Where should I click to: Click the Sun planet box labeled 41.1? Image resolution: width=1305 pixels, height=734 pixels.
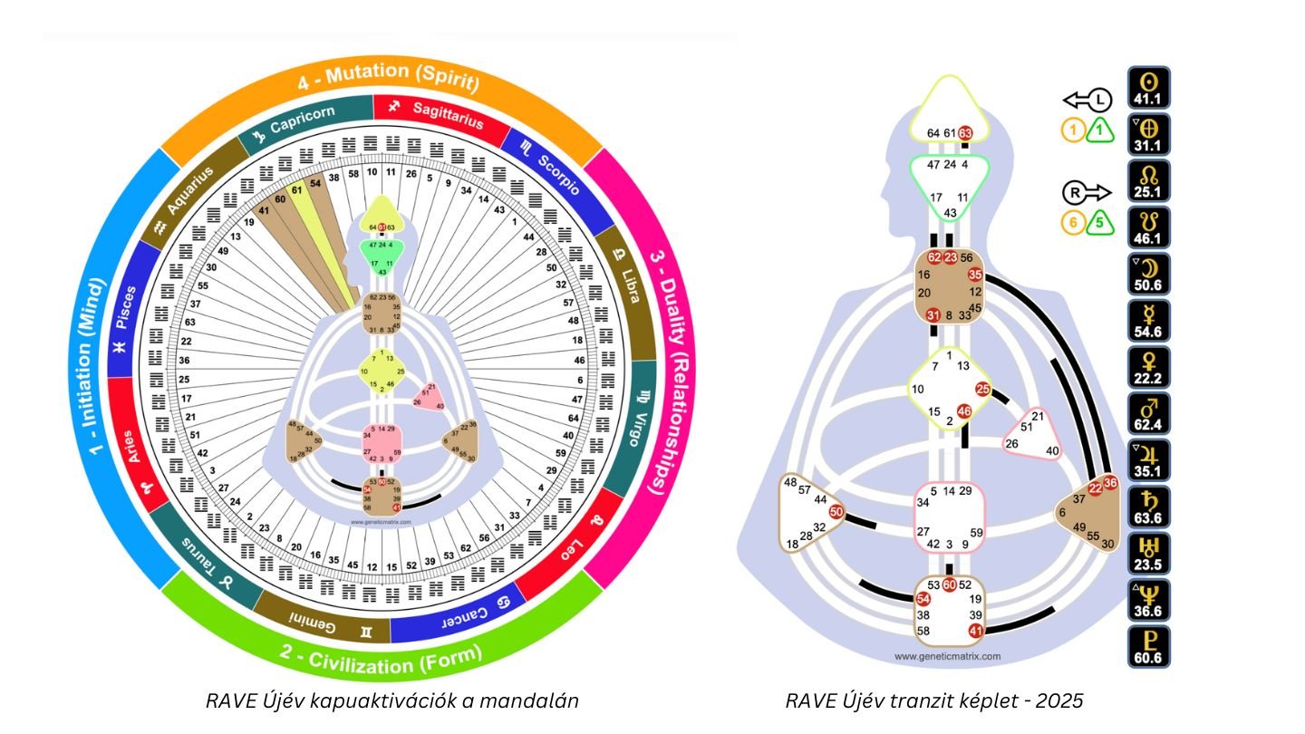coord(1147,88)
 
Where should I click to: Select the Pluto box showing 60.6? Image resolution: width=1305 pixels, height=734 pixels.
coord(1147,647)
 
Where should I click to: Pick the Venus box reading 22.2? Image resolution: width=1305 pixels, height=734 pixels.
coord(1147,368)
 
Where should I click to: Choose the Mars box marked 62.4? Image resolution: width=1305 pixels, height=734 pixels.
coord(1147,414)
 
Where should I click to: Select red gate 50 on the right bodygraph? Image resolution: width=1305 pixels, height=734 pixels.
coord(836,512)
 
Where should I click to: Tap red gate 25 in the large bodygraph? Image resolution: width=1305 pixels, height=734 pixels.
coord(983,390)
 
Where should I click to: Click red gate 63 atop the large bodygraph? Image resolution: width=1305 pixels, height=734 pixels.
coord(966,133)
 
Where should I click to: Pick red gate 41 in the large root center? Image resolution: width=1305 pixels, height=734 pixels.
coord(976,631)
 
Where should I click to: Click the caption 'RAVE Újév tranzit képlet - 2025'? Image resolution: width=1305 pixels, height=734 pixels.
coord(934,700)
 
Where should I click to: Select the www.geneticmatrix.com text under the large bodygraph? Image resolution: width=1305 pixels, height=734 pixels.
coord(947,656)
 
